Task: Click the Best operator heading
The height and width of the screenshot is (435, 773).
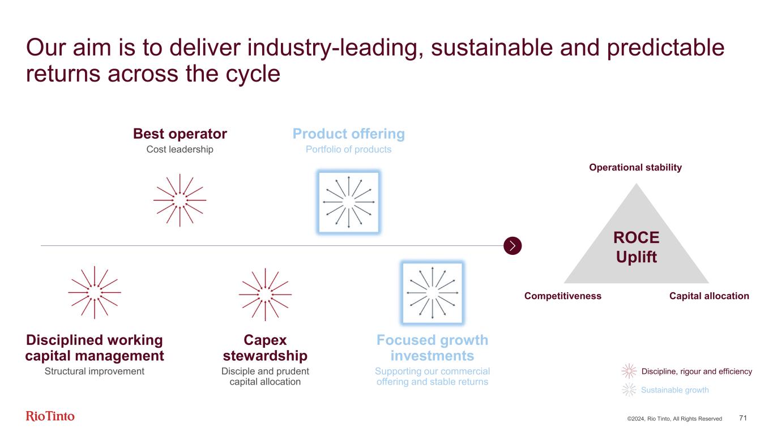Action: (x=180, y=134)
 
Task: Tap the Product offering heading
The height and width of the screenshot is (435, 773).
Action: (x=348, y=134)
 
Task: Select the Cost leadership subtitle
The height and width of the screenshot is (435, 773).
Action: (x=180, y=150)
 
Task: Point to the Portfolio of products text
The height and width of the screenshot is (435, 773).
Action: (x=348, y=150)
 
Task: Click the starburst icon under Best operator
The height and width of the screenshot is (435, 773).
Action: (x=180, y=201)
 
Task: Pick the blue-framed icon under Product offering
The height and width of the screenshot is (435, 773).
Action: (x=348, y=202)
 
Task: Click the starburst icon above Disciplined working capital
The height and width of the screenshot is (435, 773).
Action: (x=94, y=292)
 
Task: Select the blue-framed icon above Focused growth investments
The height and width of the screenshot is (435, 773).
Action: (x=432, y=293)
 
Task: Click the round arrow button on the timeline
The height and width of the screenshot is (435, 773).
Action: (x=512, y=246)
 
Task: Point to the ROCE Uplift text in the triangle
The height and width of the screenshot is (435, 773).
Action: (x=636, y=248)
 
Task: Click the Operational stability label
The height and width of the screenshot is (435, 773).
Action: (x=635, y=168)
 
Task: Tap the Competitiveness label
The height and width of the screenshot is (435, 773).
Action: (x=562, y=296)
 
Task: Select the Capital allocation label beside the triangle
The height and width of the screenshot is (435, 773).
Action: (x=710, y=296)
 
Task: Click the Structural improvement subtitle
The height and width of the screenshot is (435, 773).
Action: (x=95, y=371)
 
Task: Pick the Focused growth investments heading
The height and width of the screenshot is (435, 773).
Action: (x=432, y=348)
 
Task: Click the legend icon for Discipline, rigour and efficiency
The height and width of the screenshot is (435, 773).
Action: (x=629, y=372)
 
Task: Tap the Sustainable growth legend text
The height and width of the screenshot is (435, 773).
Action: (x=674, y=390)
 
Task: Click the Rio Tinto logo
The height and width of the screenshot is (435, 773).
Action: (x=50, y=416)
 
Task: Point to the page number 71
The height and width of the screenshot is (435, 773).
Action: (x=743, y=418)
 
